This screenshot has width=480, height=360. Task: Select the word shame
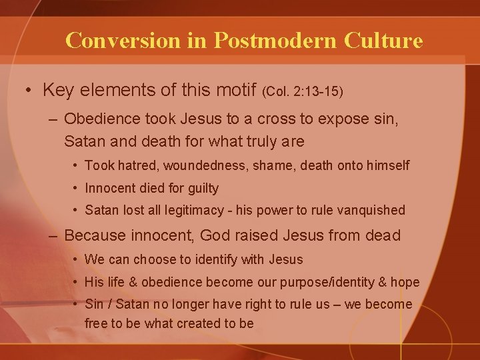click(271, 165)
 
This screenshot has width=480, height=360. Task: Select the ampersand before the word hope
click(382, 282)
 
